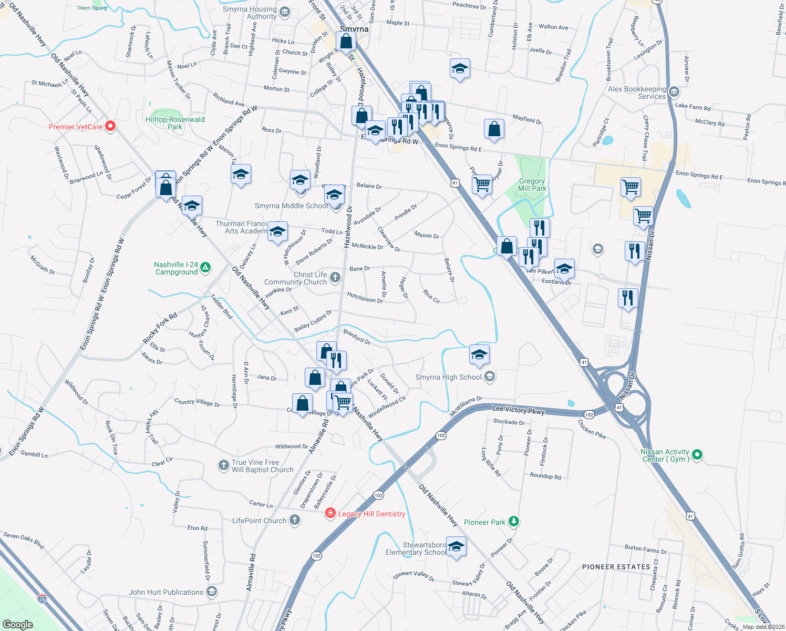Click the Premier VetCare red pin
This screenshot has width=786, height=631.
[x=110, y=126]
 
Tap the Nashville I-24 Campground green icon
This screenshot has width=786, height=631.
[x=205, y=268]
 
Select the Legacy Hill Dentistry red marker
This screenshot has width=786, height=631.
[x=330, y=513]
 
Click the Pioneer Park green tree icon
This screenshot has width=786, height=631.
[x=514, y=522]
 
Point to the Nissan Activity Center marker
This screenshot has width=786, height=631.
[x=697, y=455]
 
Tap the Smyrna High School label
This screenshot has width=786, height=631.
[x=448, y=377]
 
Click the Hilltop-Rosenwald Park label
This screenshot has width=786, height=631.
[x=175, y=123]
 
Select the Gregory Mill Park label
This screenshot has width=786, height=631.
[x=532, y=185]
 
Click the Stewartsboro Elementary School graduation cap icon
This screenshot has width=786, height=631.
[x=456, y=546]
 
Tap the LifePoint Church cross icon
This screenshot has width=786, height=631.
[x=295, y=521]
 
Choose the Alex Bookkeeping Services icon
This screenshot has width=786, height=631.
[x=675, y=93]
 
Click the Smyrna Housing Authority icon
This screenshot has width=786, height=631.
[x=285, y=12]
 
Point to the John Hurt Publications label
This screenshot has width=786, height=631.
[x=166, y=592]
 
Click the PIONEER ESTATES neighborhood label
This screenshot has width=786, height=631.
[x=616, y=567]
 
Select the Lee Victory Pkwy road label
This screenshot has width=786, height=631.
[x=518, y=410]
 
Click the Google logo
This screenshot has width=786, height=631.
[x=18, y=624]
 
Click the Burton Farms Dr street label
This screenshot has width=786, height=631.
[x=645, y=549]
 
